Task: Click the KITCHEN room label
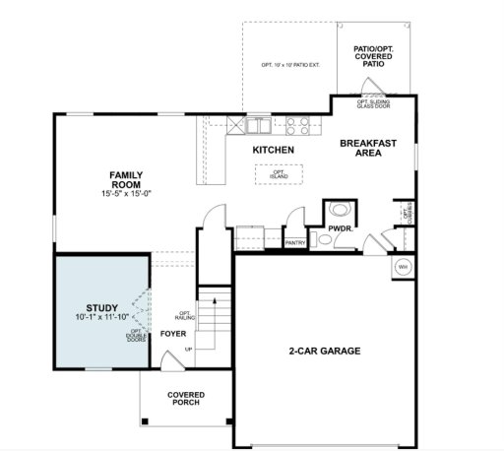tap(273, 150)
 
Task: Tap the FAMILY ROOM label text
tap(127, 179)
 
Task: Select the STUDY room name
tap(101, 307)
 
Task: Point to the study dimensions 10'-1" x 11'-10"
tap(101, 318)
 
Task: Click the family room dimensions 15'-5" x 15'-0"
tap(127, 194)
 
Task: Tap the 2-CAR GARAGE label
tap(324, 351)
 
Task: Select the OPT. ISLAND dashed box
tap(273, 173)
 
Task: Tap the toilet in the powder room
tap(339, 210)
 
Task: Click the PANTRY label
tap(293, 241)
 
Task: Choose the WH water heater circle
tap(403, 267)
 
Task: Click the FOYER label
tap(173, 334)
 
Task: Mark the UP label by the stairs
tap(188, 349)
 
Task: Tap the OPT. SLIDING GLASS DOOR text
tap(375, 102)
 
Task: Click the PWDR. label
tap(341, 227)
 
